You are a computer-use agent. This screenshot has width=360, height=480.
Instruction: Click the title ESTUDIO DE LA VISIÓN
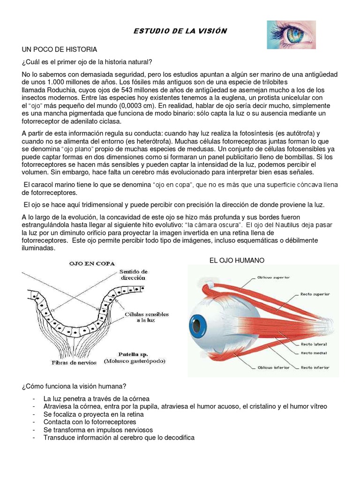pos(180,31)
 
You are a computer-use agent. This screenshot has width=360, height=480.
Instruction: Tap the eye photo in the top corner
pos(291,35)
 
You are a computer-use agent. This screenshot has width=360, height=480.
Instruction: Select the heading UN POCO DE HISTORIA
pos(59,49)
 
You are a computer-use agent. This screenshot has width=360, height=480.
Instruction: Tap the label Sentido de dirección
pos(134,274)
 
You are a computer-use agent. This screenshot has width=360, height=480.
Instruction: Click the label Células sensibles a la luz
pos(141,316)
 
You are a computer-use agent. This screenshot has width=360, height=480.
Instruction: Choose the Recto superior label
pos(315,294)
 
